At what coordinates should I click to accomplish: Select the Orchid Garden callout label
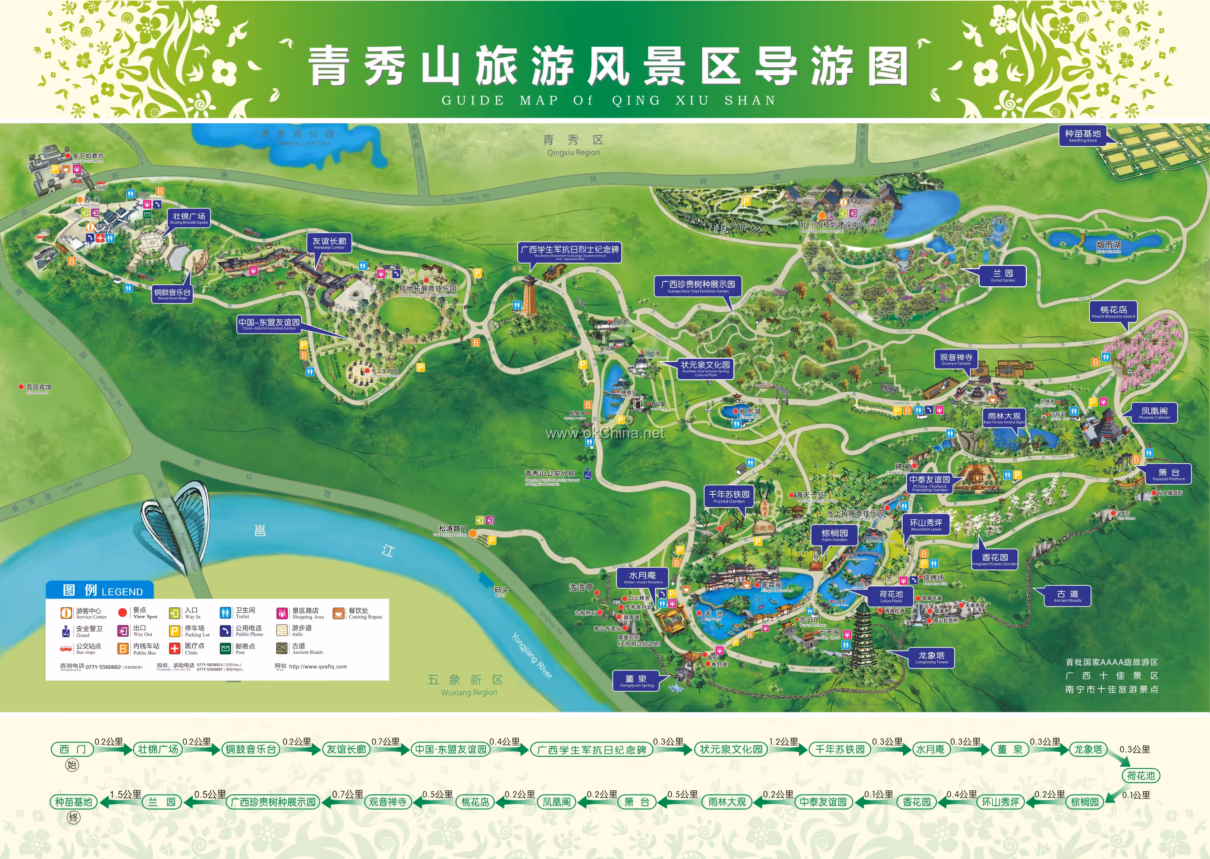[1003, 276]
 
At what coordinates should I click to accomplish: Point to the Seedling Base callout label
[1082, 136]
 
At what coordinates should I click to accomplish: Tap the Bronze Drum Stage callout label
[172, 294]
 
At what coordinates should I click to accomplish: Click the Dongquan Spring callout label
[637, 681]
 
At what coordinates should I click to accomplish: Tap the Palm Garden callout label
[835, 536]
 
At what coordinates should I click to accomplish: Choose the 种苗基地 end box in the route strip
[74, 802]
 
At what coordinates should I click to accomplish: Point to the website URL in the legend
[317, 666]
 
